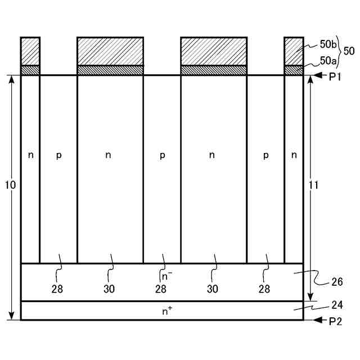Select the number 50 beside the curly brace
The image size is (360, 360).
(349, 51)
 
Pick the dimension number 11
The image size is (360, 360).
(314, 185)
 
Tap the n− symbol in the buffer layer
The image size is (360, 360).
(166, 276)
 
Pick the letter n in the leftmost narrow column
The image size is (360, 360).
(30, 156)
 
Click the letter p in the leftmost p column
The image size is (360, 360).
(58, 156)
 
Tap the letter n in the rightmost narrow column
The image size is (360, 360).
(294, 156)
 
